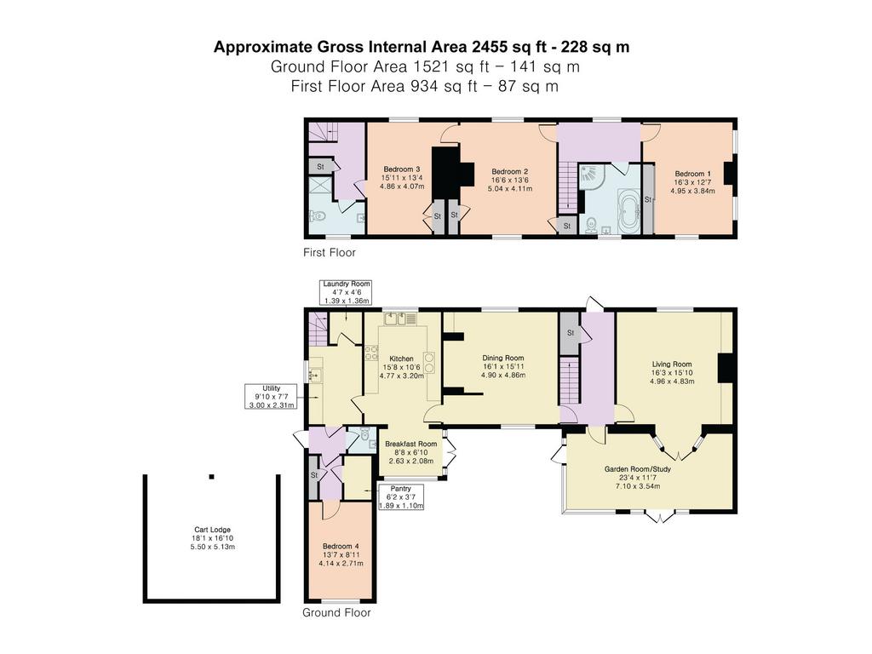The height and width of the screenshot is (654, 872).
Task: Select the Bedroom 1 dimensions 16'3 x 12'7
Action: pos(692,182)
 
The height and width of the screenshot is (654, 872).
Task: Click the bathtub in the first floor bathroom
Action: pos(629,209)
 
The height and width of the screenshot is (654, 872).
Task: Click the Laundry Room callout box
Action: pos(347,292)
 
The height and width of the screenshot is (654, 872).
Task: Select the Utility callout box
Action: pos(271,396)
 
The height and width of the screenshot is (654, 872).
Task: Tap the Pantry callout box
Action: pos(401,497)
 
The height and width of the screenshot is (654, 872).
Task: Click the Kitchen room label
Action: pos(401,359)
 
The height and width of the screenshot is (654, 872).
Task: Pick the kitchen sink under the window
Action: pos(400,318)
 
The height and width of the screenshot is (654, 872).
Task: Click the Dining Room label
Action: pos(502,359)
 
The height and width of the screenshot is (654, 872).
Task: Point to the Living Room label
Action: pos(672,364)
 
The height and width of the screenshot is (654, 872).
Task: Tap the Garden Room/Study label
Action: pos(637,469)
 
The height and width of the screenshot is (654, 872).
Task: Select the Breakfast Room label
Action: pos(411,444)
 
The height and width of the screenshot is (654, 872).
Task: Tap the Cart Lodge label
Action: pos(212,530)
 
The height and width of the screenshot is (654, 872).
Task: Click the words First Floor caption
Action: pos(330,252)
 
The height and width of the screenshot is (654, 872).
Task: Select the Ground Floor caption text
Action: pos(336,613)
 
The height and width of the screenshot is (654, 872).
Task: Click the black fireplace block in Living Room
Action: pos(726,368)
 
